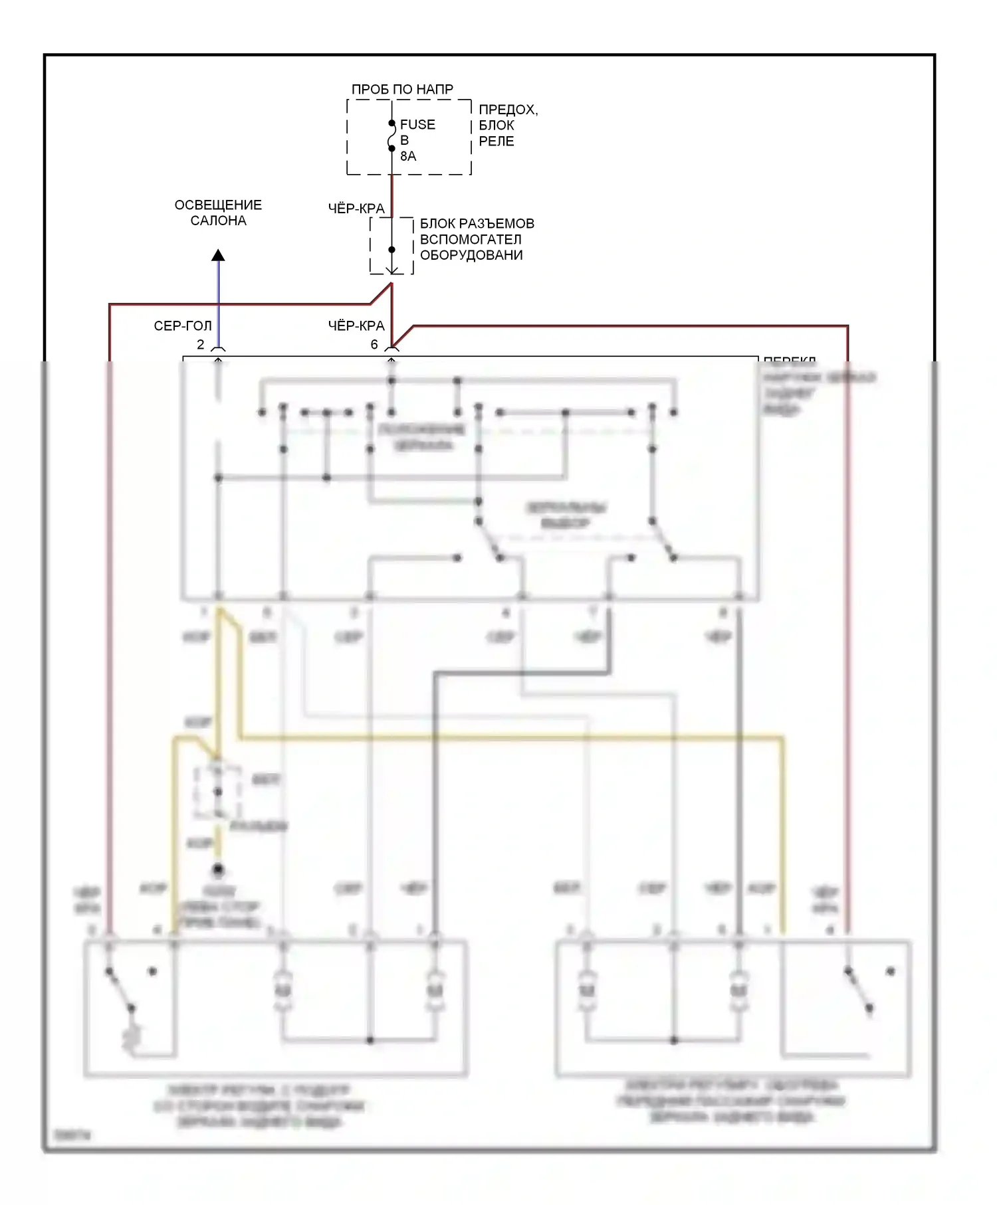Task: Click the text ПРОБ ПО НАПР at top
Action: [402, 90]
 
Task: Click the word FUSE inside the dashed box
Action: [417, 125]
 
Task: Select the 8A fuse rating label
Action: [408, 157]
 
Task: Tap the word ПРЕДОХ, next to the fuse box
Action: [508, 110]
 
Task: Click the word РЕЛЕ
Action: [496, 141]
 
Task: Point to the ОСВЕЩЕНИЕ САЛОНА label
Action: [218, 213]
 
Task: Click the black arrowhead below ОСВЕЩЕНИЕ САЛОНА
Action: [218, 256]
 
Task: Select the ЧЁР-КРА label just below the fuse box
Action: [356, 209]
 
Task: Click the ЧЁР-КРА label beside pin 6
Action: [356, 326]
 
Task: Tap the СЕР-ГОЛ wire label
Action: [183, 326]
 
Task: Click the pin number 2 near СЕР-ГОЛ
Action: [200, 345]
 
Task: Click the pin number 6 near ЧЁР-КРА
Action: [374, 345]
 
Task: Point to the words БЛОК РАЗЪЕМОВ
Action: [477, 224]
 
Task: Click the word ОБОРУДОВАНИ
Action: [471, 256]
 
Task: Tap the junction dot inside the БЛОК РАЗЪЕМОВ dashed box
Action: [391, 250]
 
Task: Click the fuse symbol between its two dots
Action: [391, 136]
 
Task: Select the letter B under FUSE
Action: [404, 141]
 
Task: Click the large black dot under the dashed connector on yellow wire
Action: [218, 869]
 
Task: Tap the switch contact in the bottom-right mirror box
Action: [858, 990]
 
